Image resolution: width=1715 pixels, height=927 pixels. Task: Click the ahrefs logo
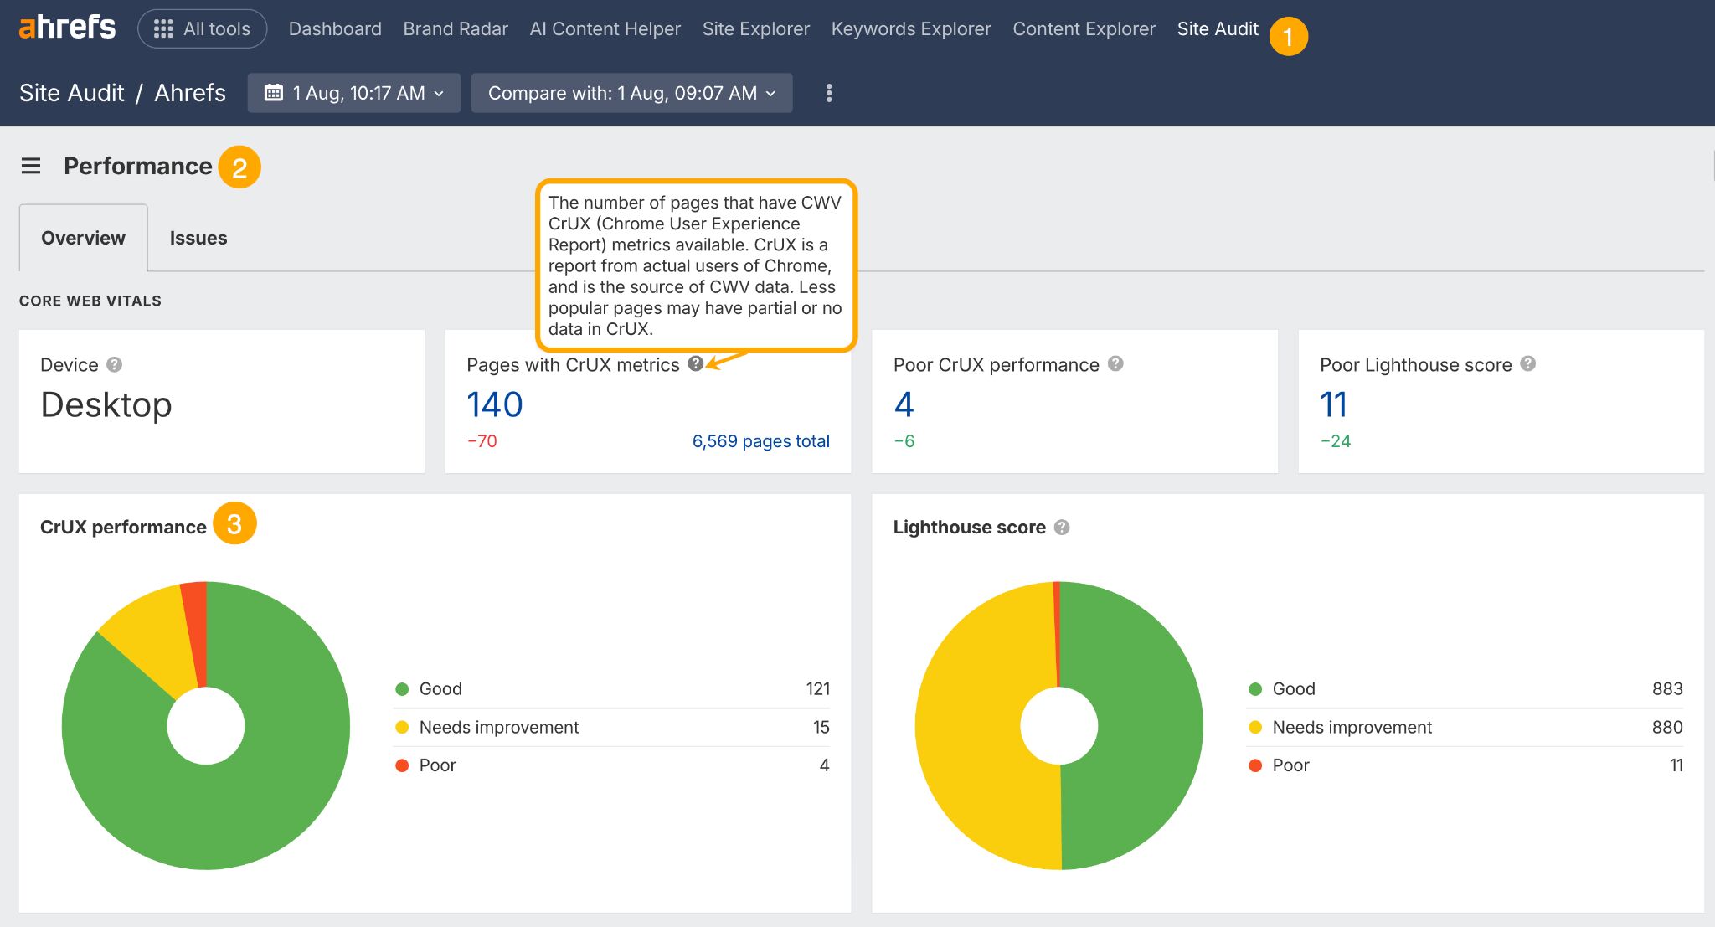point(67,28)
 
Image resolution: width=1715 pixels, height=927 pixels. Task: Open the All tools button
point(202,29)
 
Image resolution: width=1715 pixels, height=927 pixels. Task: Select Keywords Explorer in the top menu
point(910,29)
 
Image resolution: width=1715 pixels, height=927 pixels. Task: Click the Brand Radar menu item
point(455,29)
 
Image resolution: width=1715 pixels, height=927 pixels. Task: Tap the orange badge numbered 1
point(1287,37)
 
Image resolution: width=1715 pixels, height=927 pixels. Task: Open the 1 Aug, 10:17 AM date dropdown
point(353,93)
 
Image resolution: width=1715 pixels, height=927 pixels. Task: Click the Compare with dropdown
point(631,93)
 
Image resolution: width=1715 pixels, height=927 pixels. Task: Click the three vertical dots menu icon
point(828,93)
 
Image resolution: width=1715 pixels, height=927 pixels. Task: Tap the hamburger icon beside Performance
point(31,166)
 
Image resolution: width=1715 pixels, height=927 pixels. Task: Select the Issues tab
point(198,238)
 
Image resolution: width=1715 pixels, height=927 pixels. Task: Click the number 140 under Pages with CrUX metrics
point(494,405)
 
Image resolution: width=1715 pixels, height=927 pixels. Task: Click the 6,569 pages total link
point(760,441)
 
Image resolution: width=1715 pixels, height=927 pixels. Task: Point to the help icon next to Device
point(115,365)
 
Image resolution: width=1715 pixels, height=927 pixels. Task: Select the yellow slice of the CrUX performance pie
point(151,641)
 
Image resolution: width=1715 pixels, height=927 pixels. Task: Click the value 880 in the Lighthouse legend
point(1666,727)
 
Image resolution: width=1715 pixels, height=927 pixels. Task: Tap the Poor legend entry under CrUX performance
point(437,765)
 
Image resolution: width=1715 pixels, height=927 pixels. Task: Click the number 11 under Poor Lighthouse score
point(1333,405)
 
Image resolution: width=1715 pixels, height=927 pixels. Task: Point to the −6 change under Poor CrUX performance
point(904,441)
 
